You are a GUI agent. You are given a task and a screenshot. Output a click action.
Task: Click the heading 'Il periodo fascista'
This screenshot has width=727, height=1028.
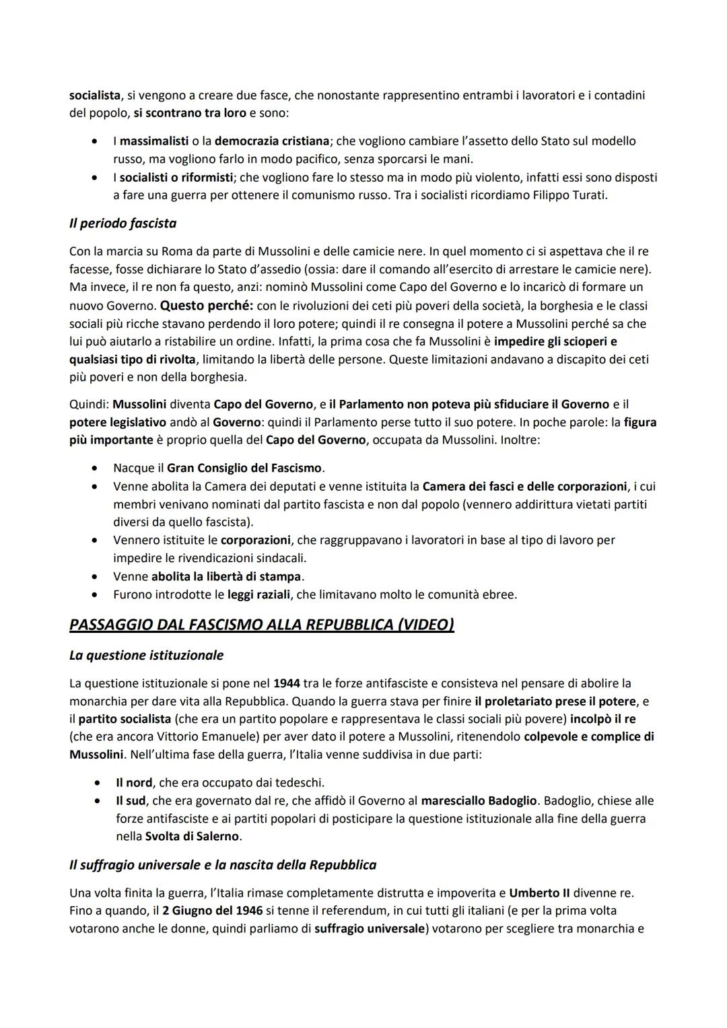tap(123, 223)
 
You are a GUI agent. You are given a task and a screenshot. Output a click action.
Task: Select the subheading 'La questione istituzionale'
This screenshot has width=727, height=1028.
tap(146, 655)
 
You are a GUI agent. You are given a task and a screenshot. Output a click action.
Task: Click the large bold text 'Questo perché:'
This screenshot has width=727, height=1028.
tap(206, 305)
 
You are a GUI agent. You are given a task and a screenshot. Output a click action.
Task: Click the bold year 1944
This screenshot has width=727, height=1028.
tap(287, 683)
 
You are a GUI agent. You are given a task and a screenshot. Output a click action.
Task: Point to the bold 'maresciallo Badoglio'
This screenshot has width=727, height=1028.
tap(479, 801)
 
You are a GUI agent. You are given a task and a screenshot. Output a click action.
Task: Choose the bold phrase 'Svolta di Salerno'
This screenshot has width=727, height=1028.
tap(192, 837)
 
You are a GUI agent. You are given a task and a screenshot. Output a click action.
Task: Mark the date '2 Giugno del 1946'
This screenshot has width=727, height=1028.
tap(210, 911)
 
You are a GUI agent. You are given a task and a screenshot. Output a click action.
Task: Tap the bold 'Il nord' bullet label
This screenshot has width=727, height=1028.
tap(134, 783)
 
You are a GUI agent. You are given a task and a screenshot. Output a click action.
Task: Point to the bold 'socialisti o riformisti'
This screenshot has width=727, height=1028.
tap(175, 178)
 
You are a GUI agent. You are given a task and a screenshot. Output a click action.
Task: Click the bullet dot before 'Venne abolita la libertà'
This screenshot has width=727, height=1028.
tap(99, 577)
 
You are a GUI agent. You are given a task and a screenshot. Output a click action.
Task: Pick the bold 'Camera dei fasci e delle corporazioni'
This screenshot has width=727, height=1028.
tap(524, 486)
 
